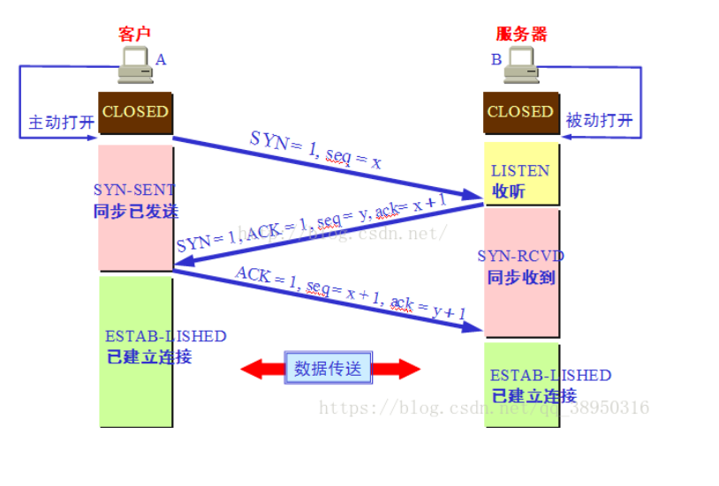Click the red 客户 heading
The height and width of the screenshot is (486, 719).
[134, 34]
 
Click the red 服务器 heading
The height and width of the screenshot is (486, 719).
[521, 34]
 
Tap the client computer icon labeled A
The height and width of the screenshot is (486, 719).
[135, 66]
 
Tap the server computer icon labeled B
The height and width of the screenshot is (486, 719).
[521, 66]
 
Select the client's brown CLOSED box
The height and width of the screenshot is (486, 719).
[134, 112]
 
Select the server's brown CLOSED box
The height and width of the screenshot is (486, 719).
[520, 112]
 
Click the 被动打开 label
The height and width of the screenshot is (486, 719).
[600, 121]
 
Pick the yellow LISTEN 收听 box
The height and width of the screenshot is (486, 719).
[521, 180]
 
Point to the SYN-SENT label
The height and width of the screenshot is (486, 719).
[134, 190]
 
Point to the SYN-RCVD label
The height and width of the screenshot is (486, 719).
[520, 256]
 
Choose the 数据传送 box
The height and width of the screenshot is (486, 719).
[328, 368]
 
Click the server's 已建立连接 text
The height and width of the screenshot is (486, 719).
[534, 395]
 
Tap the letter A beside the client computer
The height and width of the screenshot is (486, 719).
[161, 59]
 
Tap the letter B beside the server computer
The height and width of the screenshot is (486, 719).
[496, 60]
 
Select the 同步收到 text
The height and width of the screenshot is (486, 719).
[520, 277]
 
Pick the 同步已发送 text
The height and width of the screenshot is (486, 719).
[135, 212]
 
